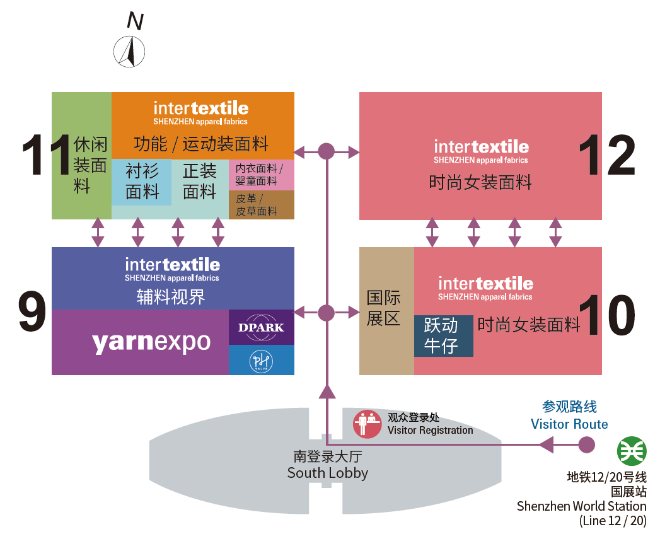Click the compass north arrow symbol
pyautogui.click(x=129, y=51)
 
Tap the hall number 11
pyautogui.click(x=45, y=156)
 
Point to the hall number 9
pyautogui.click(x=32, y=311)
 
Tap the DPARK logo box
pyautogui.click(x=261, y=327)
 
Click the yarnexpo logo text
pyautogui.click(x=151, y=342)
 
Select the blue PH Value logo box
pyautogui.click(x=261, y=360)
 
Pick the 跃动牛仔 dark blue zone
pyautogui.click(x=443, y=336)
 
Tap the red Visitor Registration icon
pyautogui.click(x=367, y=424)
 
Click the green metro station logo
pyautogui.click(x=630, y=450)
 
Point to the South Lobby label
pyautogui.click(x=327, y=465)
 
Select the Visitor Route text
pyautogui.click(x=569, y=424)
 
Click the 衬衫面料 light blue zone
pyautogui.click(x=142, y=182)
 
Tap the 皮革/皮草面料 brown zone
pyautogui.click(x=260, y=205)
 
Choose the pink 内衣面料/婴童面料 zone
pyautogui.click(x=260, y=175)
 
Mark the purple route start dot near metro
pyautogui.click(x=586, y=444)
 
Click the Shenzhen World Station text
pyautogui.click(x=581, y=506)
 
